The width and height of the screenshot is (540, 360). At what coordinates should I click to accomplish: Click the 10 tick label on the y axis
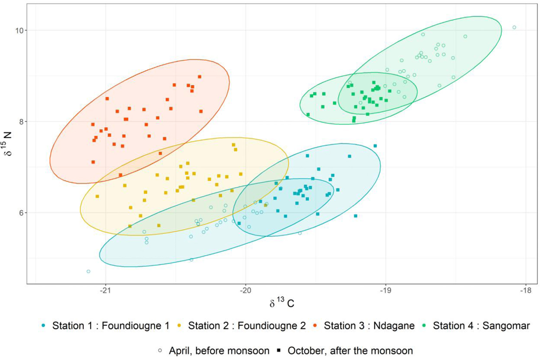pos(20,31)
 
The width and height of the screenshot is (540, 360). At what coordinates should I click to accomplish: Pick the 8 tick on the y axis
pos(22,121)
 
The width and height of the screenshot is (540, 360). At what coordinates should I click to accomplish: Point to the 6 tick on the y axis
pos(22,213)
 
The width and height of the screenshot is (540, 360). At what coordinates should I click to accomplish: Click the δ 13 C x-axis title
pos(282,303)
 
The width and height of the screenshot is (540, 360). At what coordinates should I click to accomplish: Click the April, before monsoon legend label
pos(214,350)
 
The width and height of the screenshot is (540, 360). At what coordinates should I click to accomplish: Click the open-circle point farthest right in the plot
pos(514,27)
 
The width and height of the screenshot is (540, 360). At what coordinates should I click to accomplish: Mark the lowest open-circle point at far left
pos(89,271)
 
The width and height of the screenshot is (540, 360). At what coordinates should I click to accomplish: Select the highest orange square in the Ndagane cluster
pos(199,76)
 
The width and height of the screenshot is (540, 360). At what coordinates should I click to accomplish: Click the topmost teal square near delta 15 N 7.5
pos(375,146)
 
